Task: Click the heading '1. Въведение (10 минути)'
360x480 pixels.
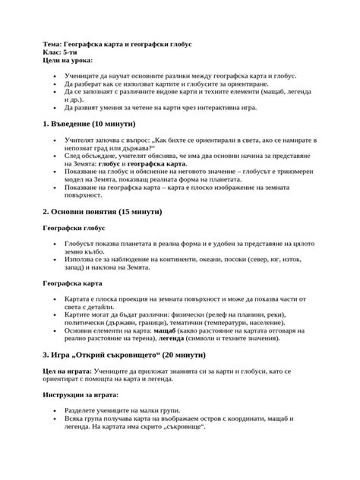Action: tap(89, 123)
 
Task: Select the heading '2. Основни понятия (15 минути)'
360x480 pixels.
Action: tap(102, 210)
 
